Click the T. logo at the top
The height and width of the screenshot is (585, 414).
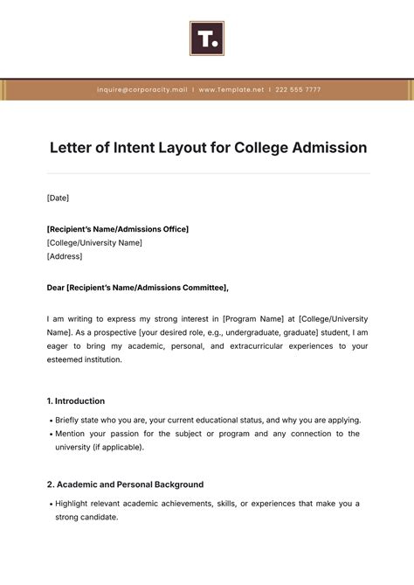(x=207, y=38)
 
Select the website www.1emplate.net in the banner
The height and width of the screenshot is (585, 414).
(x=231, y=90)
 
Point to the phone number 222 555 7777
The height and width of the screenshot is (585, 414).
(x=299, y=90)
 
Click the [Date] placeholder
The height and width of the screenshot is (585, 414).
(x=58, y=198)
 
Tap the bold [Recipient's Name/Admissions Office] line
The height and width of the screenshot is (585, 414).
(x=117, y=229)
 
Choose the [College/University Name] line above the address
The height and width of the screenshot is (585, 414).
(x=94, y=242)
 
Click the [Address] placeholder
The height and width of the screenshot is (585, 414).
(x=65, y=256)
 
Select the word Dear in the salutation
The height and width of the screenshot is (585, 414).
(x=57, y=287)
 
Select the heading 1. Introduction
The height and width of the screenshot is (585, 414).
(x=76, y=400)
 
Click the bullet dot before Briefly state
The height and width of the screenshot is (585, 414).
(x=50, y=421)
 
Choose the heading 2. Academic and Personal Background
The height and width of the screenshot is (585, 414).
(x=125, y=484)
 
